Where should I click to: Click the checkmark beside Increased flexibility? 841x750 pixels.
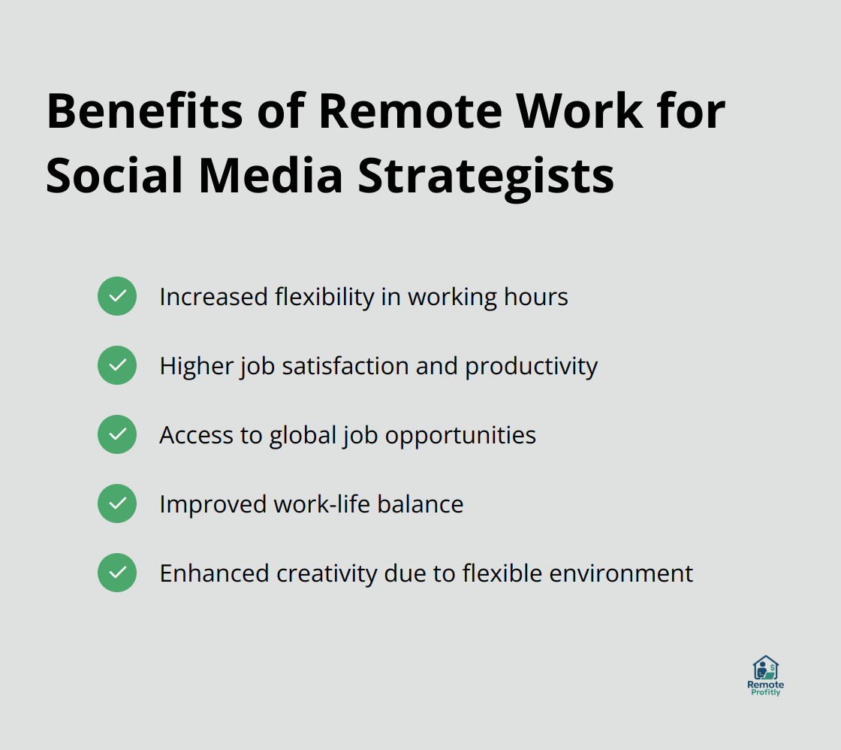117,296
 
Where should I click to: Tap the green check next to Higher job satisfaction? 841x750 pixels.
117,365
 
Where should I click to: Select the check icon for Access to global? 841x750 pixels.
117,434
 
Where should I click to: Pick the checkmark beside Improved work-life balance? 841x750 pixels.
117,504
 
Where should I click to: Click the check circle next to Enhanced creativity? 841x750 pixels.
117,573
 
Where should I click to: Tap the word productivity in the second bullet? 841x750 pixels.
531,366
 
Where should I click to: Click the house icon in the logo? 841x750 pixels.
765,667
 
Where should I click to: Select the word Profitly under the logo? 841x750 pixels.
765,693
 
